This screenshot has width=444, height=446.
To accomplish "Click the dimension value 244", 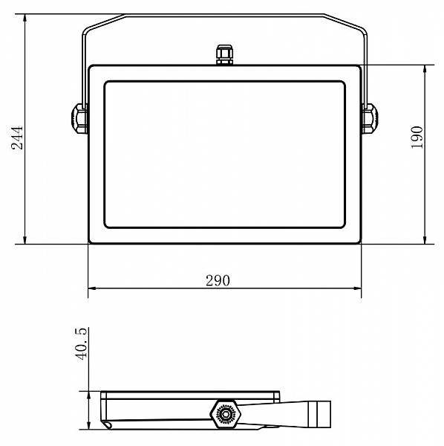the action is pyautogui.click(x=17, y=138).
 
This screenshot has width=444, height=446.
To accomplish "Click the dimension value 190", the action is pyautogui.click(x=417, y=137).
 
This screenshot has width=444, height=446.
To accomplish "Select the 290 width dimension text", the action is pyautogui.click(x=218, y=280).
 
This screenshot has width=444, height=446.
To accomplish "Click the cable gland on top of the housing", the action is pyautogui.click(x=225, y=54).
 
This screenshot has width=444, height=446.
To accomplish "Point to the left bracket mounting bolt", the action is pyautogui.click(x=79, y=119).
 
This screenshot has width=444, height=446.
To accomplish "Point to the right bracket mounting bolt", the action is pyautogui.click(x=370, y=119).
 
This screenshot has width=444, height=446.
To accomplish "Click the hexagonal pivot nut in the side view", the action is pyautogui.click(x=226, y=414).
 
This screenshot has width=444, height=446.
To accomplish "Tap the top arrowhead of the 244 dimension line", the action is pyautogui.click(x=25, y=18).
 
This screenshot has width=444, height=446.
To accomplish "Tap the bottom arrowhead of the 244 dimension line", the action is pyautogui.click(x=25, y=240).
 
